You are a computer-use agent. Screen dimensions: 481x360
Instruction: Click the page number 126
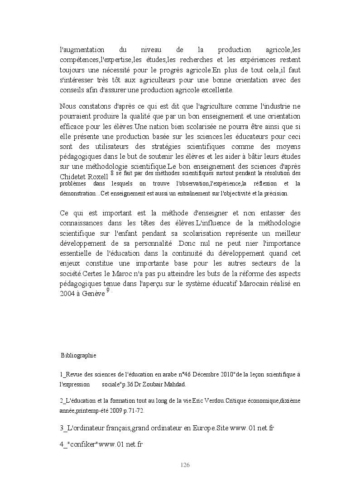tap(184, 465)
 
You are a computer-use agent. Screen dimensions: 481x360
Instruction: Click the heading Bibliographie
tap(78, 356)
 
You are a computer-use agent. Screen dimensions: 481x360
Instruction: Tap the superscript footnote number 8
tap(112, 172)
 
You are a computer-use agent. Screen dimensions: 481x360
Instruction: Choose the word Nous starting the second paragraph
tap(68, 107)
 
